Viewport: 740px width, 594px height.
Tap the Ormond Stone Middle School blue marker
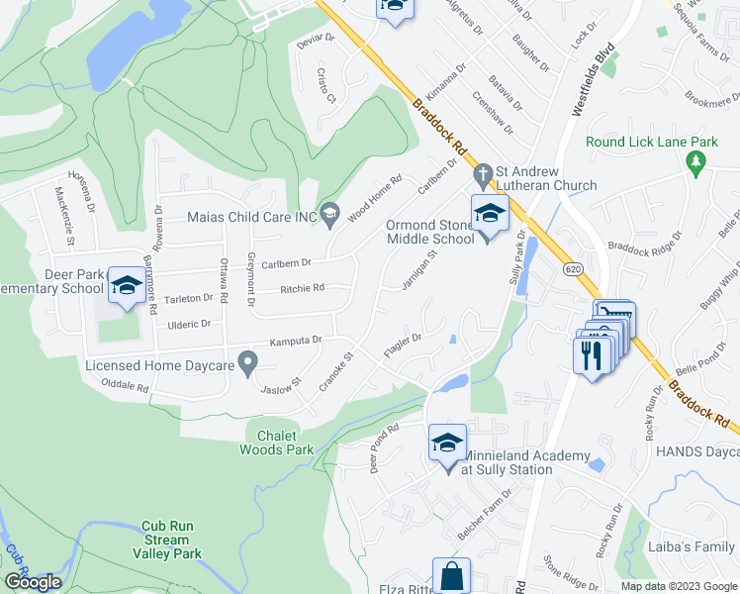coord(490,213)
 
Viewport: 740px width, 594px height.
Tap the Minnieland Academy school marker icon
coord(447,443)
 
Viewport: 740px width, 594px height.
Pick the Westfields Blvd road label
coord(593,80)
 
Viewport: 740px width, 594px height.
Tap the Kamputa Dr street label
coord(296,340)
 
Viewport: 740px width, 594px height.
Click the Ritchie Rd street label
coord(302,288)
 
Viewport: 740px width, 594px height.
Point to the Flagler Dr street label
coord(403,346)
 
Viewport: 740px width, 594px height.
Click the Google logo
coord(33,582)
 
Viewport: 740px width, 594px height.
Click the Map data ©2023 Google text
coord(678,586)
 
